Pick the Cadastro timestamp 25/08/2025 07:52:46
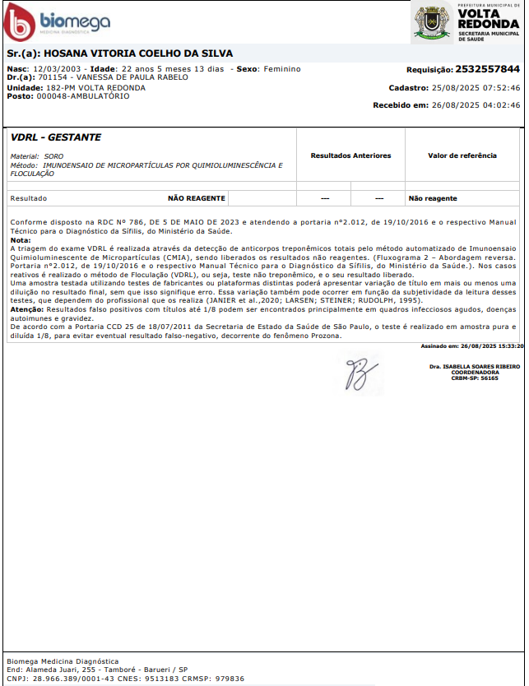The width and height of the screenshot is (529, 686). [476, 87]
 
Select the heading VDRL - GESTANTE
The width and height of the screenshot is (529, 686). [56, 137]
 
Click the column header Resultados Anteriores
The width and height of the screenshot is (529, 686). [350, 155]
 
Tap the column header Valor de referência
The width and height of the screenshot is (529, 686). [462, 155]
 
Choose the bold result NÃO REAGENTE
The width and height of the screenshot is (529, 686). [196, 198]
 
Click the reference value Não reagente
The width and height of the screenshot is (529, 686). [433, 198]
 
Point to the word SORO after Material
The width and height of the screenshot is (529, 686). [53, 155]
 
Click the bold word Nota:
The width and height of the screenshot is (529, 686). [20, 240]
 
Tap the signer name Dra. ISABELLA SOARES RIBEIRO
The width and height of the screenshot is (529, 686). [464, 366]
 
